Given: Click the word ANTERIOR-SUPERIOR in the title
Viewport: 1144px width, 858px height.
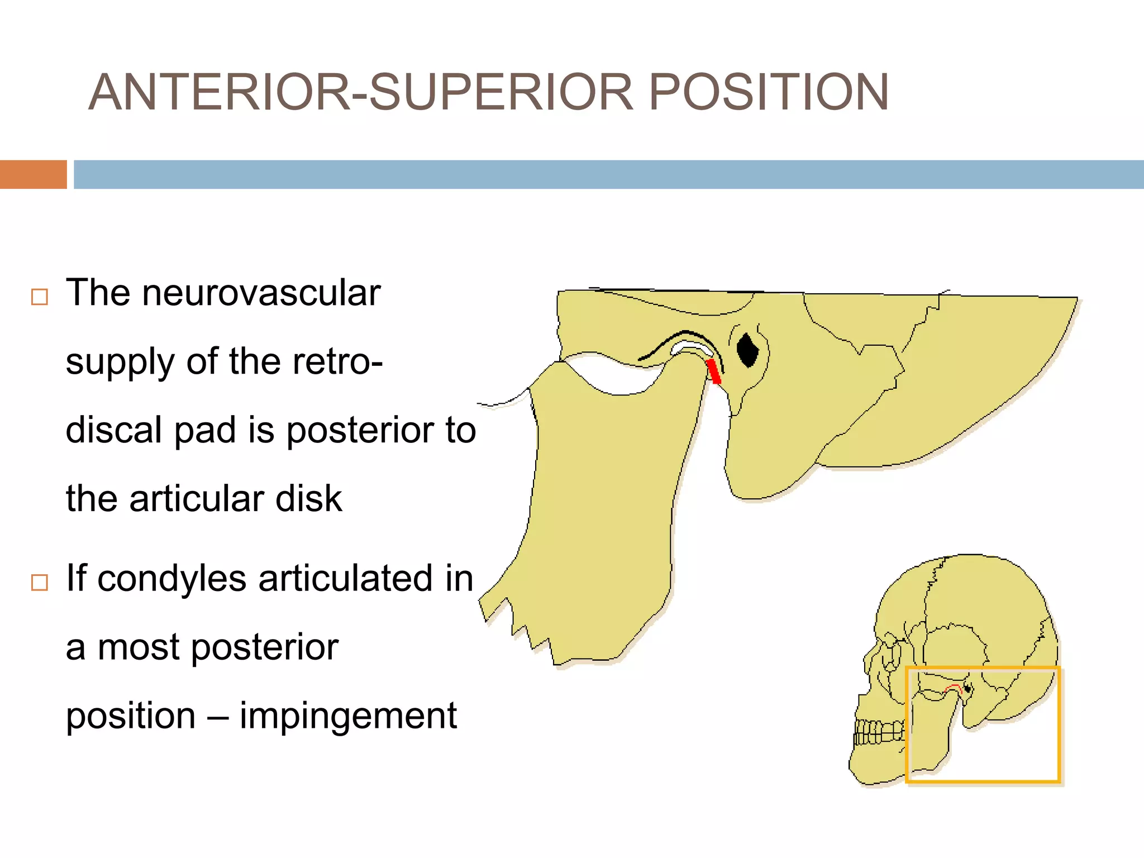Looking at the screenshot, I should click(361, 93).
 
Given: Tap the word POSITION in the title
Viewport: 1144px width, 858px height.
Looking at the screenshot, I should click(768, 93).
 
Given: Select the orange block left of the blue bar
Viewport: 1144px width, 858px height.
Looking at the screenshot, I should click(33, 174).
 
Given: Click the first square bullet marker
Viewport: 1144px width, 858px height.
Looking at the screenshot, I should click(39, 297).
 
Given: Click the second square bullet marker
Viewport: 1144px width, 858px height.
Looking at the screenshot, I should click(39, 583).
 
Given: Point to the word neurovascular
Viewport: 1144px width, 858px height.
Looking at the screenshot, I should click(261, 293).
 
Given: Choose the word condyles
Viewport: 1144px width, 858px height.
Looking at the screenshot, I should click(171, 578).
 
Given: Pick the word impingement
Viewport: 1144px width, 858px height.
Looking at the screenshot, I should click(348, 716).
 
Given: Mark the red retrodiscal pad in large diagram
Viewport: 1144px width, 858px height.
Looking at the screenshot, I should click(713, 371).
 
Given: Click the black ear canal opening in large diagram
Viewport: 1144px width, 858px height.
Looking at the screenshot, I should click(747, 350).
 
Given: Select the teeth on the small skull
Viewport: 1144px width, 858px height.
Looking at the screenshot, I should click(880, 732).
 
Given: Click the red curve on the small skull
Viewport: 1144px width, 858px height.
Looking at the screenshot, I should click(952, 687).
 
